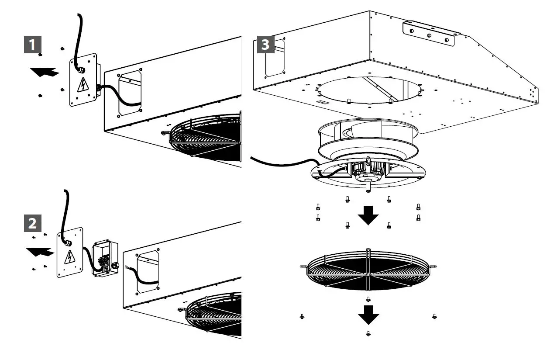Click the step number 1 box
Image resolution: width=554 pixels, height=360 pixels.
pyautogui.click(x=32, y=45)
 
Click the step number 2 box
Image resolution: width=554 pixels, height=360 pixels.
pyautogui.click(x=32, y=223)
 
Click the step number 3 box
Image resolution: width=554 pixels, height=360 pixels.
pyautogui.click(x=265, y=45)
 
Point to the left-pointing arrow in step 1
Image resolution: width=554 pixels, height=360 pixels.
pyautogui.click(x=46, y=72)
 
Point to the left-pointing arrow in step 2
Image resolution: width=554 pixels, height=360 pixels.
pyautogui.click(x=40, y=251)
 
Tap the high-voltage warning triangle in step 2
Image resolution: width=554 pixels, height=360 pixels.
pyautogui.click(x=69, y=257)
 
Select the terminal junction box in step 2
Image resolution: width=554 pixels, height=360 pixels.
pyautogui.click(x=105, y=259)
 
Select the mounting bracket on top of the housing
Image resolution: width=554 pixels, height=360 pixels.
pyautogui.click(x=429, y=33)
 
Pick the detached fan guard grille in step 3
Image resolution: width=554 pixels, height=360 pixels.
pyautogui.click(x=368, y=270)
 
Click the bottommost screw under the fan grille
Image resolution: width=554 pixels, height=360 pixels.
pyautogui.click(x=368, y=334)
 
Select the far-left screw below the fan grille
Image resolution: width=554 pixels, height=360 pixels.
pyautogui.click(x=302, y=316)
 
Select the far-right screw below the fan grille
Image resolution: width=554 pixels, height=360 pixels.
pyautogui.click(x=434, y=316)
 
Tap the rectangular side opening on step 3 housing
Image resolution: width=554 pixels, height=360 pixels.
pyautogui.click(x=275, y=58)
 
